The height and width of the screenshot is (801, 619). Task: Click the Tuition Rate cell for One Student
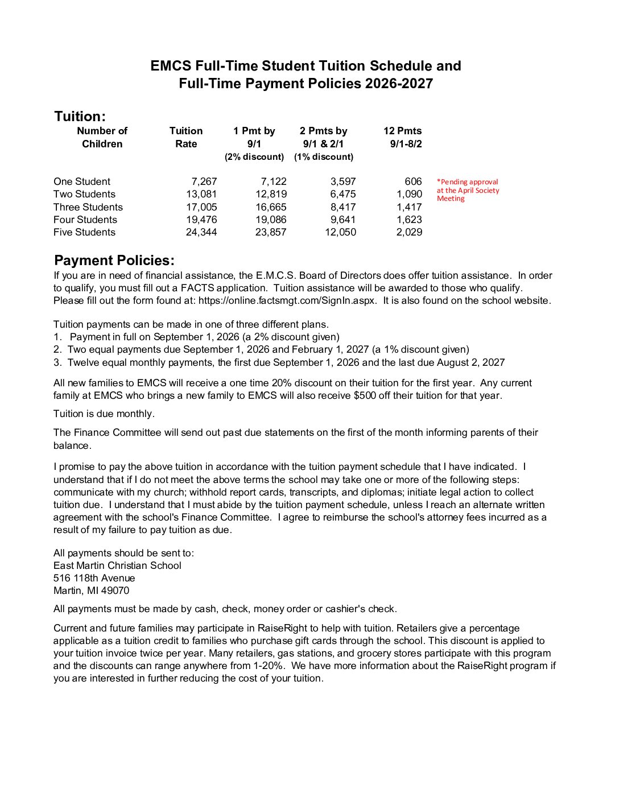(204, 181)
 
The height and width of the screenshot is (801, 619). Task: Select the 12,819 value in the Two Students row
(271, 194)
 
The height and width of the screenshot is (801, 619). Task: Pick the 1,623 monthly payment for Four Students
(409, 220)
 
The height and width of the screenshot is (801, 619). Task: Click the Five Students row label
(84, 232)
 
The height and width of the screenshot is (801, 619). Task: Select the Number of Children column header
(102, 137)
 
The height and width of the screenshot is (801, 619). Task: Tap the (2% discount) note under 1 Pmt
(254, 156)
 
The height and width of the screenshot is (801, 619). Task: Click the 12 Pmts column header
(403, 137)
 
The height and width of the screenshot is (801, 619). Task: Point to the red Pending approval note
(468, 190)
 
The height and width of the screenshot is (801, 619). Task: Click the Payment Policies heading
(114, 261)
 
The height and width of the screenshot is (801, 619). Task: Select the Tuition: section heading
(80, 117)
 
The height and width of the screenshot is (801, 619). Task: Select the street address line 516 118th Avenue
(94, 578)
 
